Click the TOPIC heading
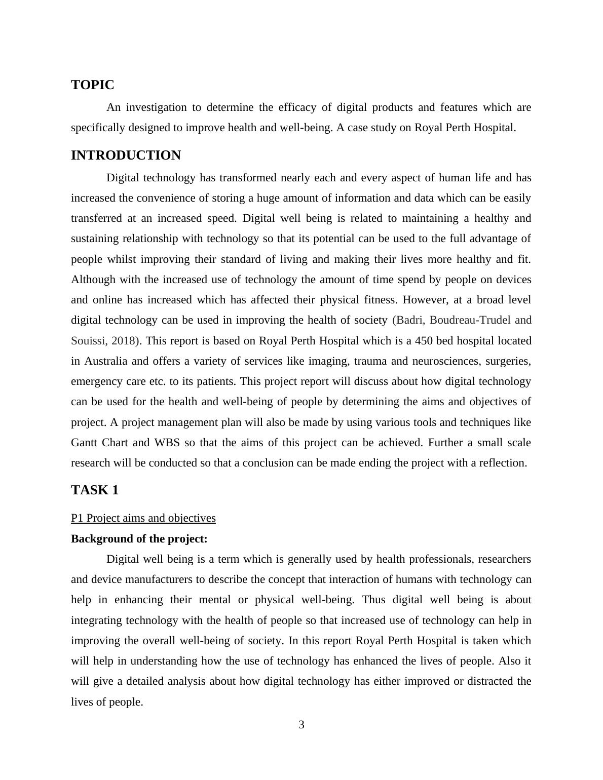(93, 85)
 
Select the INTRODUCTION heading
(126, 155)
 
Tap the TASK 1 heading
(95, 490)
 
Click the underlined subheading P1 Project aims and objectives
(143, 518)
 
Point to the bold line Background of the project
(139, 539)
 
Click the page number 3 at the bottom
(301, 725)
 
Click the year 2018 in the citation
(123, 341)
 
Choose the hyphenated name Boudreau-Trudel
(470, 320)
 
